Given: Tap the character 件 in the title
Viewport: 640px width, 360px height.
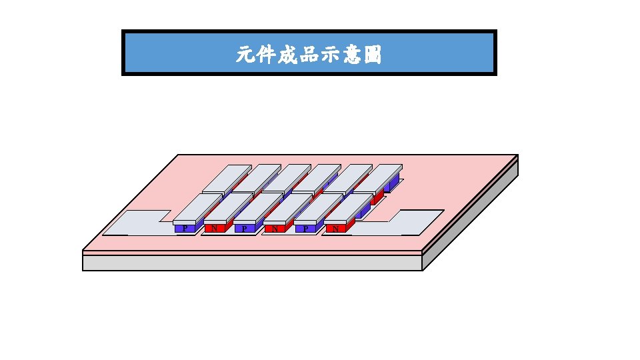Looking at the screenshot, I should click(266, 55).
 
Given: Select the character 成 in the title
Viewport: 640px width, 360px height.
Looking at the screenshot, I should click(287, 55).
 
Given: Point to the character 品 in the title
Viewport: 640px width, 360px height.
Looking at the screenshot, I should click(309, 55).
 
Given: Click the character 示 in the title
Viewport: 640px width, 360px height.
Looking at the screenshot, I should click(330, 55).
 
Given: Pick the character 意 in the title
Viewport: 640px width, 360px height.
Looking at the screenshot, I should click(351, 55).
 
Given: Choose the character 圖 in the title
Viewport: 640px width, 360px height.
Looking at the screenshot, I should click(373, 55).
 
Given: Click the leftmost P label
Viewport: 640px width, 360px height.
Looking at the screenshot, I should click(185, 228).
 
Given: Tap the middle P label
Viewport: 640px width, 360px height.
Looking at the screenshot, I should click(245, 228).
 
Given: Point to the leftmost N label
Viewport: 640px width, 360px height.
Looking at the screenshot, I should click(215, 228).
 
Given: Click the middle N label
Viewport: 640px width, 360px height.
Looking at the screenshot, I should click(275, 228).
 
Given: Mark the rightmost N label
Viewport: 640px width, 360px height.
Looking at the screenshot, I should click(335, 228).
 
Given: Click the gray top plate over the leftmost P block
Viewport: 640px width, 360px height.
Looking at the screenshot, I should click(197, 208).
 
